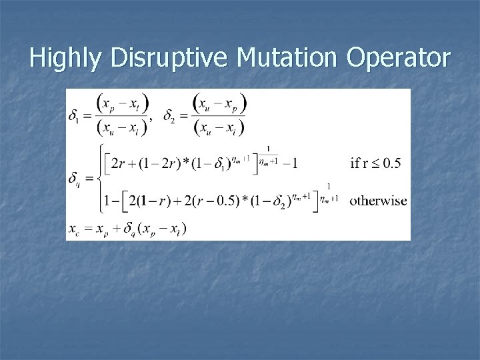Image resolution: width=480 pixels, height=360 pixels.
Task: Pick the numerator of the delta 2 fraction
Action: pyautogui.click(x=219, y=103)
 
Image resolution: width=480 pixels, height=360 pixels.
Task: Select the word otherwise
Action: pyautogui.click(x=378, y=199)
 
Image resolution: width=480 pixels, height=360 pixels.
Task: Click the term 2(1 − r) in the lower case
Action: pyautogui.click(x=150, y=199)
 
